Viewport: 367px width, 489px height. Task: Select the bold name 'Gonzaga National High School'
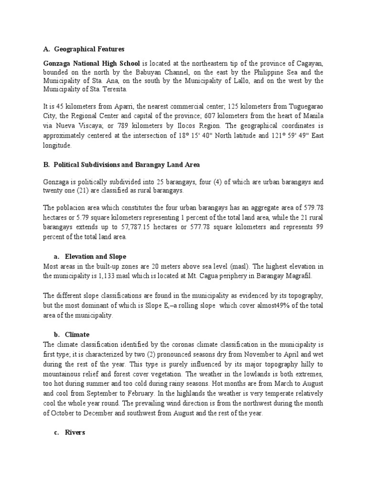pos(92,64)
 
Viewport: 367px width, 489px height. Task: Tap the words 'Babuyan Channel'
pos(151,72)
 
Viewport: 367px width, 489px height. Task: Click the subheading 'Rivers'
pos(76,432)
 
